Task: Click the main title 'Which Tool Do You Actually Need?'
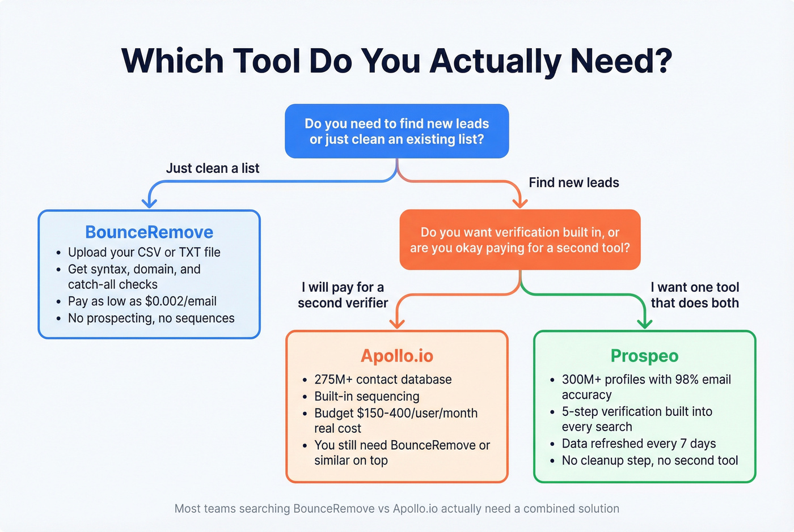[396, 61]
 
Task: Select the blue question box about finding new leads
[396, 131]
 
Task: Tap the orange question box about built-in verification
[520, 240]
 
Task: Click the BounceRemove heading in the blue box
[149, 232]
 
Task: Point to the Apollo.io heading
[396, 356]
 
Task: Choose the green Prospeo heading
[644, 356]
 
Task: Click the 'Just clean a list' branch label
[212, 168]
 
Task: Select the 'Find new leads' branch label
[573, 182]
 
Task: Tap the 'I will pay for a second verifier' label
[343, 295]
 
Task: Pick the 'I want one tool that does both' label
[694, 295]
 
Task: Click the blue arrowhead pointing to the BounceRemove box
[149, 203]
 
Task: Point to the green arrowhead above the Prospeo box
[645, 324]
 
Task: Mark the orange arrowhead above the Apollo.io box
[397, 324]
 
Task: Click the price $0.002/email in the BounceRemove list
[180, 301]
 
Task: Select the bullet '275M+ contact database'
[383, 380]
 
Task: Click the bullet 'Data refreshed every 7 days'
[639, 444]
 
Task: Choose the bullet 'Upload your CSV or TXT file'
[144, 252]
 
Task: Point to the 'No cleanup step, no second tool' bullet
[649, 461]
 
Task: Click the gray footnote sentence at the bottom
[396, 509]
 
